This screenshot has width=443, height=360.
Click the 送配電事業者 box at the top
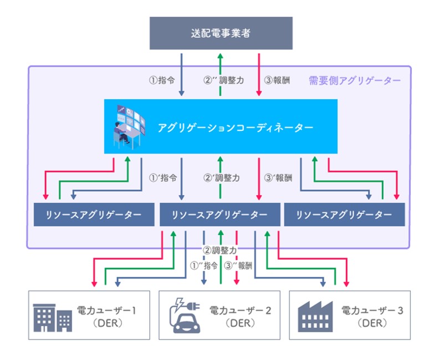tap(221, 33)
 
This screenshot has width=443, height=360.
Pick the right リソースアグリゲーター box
tap(344, 215)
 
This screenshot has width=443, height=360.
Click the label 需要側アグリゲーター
tap(354, 80)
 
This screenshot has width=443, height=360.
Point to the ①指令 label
tap(162, 80)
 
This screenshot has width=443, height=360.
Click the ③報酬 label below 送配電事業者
tap(278, 80)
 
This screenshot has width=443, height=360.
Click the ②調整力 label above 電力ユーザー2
tap(220, 250)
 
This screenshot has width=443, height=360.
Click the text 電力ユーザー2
tap(240, 310)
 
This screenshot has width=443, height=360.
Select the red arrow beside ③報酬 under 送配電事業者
tap(259, 74)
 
